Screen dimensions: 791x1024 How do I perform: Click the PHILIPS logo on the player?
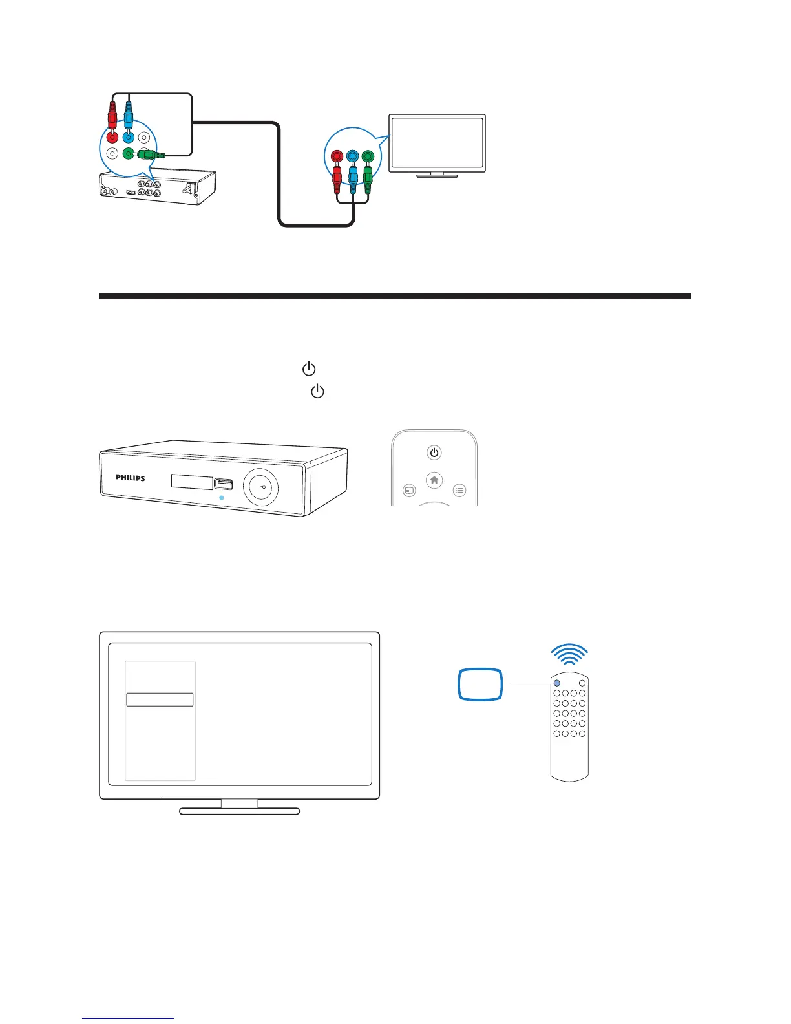tap(130, 478)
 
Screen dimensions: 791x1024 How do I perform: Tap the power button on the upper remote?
tap(434, 453)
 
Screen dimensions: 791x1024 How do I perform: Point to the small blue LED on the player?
tap(221, 498)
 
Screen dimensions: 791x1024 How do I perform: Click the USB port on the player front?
tap(224, 484)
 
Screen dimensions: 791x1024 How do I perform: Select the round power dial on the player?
tap(260, 485)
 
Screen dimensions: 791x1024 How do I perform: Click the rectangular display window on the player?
tap(192, 482)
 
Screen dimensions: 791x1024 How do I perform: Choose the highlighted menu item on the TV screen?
tap(160, 699)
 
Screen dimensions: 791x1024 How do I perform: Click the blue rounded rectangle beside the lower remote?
tap(480, 684)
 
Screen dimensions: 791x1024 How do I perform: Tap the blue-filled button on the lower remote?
tap(556, 683)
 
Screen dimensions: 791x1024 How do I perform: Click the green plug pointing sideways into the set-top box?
tap(153, 155)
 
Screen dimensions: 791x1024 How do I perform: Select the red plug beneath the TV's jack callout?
tap(337, 178)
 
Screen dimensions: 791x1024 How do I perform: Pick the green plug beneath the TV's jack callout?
tap(368, 178)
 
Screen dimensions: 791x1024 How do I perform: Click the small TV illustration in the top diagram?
tap(437, 145)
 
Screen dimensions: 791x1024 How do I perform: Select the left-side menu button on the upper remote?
tap(409, 491)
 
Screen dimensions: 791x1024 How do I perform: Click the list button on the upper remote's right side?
tap(459, 491)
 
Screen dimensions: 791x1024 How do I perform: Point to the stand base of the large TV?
tap(239, 811)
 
